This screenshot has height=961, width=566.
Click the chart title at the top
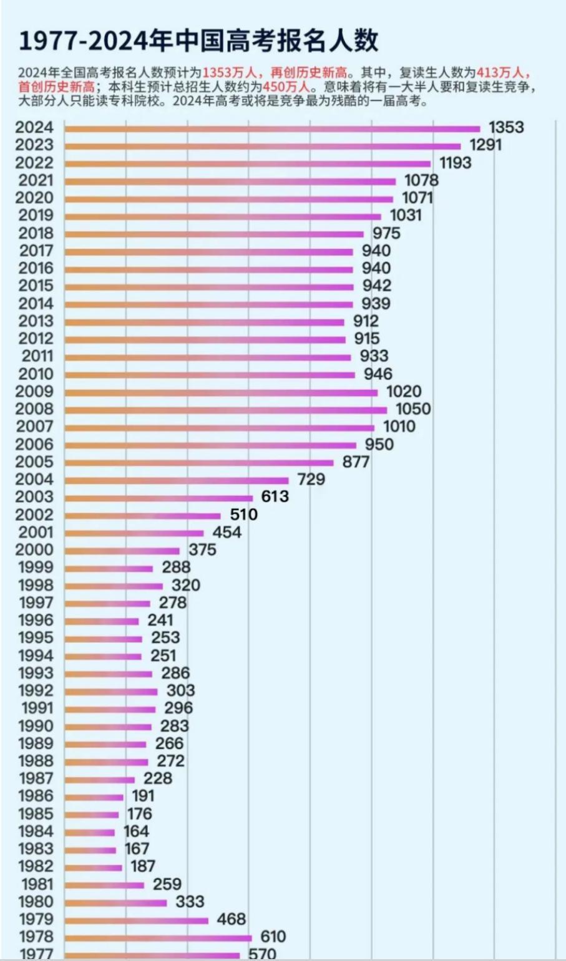[198, 41]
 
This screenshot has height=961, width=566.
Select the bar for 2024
[272, 129]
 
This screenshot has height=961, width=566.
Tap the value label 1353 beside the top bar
[506, 127]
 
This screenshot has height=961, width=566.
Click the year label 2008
[35, 409]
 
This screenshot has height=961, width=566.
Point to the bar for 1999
[109, 569]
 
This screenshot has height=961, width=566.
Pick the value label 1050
[413, 409]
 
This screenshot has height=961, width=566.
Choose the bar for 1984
[90, 833]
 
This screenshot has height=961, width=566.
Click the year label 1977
[36, 954]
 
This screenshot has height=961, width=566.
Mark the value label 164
[136, 831]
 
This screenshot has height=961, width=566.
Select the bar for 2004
[177, 481]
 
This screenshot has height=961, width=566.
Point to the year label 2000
[35, 550]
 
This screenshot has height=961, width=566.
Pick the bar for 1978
[158, 938]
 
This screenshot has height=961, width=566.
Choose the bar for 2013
[204, 322]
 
